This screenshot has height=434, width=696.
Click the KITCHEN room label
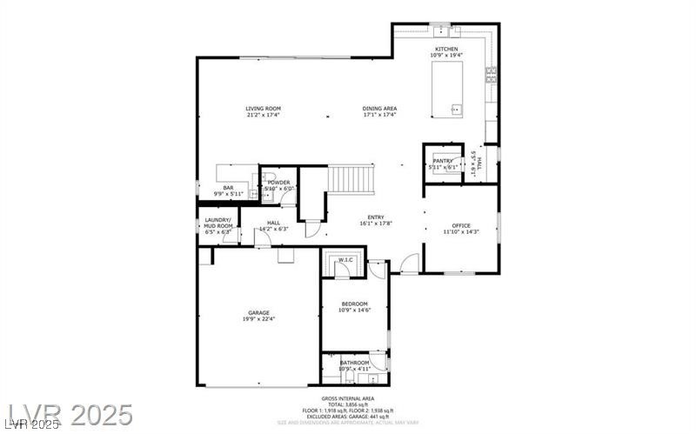tap(445, 49)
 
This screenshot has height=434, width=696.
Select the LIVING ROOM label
tap(263, 109)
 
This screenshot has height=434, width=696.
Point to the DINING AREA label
tap(379, 109)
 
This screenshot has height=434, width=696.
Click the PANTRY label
tap(443, 161)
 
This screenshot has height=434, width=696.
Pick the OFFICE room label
tap(460, 225)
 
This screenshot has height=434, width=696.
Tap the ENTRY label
tap(376, 217)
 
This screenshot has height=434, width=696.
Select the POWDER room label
tap(279, 183)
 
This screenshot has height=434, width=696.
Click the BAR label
tap(229, 188)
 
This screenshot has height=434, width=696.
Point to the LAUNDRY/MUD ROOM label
tap(217, 222)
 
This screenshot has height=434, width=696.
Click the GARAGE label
tap(258, 312)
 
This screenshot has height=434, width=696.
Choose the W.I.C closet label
tap(345, 259)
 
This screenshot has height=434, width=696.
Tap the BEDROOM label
tap(354, 304)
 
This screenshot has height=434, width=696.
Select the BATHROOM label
tap(354, 363)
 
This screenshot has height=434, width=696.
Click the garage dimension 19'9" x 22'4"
tap(258, 319)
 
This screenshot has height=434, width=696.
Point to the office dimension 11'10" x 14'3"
tap(460, 232)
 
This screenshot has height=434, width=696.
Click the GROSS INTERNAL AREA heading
tap(347, 398)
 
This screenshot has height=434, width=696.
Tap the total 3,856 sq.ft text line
tap(347, 404)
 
